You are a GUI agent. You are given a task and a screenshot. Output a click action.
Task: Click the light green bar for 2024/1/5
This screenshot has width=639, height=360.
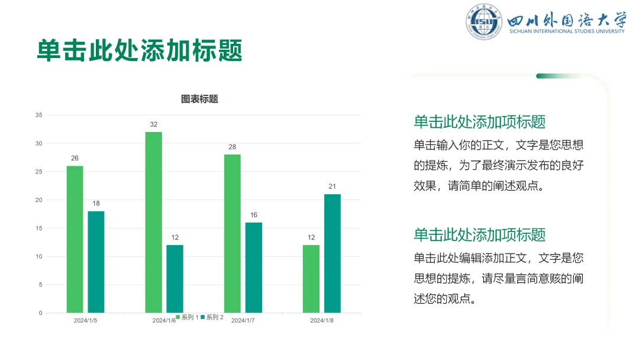pos(75,239)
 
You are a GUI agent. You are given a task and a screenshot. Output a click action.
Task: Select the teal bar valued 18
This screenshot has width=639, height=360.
pos(96,262)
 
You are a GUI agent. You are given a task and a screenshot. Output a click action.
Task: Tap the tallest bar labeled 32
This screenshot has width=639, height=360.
pos(154,222)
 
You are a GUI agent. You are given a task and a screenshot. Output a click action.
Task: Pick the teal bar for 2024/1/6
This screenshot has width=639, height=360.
pos(175,279)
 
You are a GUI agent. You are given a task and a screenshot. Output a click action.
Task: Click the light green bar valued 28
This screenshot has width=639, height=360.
pos(233,234)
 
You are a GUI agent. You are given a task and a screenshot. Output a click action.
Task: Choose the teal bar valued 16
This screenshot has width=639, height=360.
pos(253,268)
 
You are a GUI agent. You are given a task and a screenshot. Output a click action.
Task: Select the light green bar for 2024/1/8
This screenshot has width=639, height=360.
pos(311,279)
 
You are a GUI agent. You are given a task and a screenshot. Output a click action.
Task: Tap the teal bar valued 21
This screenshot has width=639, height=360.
pos(333,253)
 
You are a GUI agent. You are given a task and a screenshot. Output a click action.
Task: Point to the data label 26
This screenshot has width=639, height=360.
pos(75,158)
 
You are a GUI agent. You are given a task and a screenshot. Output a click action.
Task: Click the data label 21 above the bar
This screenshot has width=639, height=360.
pos(332,187)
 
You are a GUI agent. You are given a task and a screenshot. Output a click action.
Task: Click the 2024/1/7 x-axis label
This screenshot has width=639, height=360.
pos(243,320)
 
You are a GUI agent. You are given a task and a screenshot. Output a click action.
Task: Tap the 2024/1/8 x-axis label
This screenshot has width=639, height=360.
pos(321,320)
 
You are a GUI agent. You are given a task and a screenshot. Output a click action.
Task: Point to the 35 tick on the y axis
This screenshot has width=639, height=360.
pos(38,115)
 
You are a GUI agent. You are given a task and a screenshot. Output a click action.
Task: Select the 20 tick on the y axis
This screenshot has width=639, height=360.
pos(38,200)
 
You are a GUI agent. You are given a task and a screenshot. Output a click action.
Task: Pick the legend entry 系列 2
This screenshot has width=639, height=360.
pos(212,317)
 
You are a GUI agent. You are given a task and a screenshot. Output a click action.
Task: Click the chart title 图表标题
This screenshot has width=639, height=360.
pos(199,99)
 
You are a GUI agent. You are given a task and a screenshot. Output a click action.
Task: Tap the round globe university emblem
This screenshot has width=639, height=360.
pos(484,21)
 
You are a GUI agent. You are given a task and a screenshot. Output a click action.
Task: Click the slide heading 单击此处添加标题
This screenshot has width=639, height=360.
pos(140,50)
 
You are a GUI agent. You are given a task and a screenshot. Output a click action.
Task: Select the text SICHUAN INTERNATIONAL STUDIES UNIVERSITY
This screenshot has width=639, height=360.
pos(567,31)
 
